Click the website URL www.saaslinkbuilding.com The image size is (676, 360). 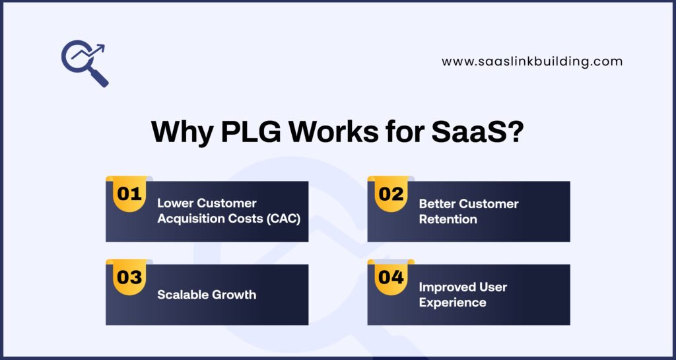532,61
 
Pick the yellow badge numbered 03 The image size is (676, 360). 129,277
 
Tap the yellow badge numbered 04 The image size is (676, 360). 391,277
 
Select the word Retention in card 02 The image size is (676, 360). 448,219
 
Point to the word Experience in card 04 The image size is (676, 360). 452,303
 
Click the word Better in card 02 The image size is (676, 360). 437,203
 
